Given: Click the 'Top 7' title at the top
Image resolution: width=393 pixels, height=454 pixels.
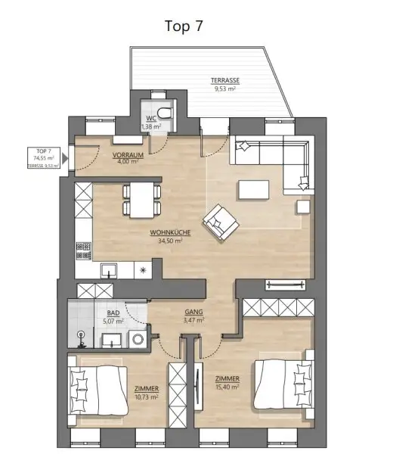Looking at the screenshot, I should [184, 26].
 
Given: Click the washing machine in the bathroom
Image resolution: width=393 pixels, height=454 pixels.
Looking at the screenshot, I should [136, 340].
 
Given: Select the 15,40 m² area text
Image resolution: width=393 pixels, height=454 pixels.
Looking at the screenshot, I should [227, 386].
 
